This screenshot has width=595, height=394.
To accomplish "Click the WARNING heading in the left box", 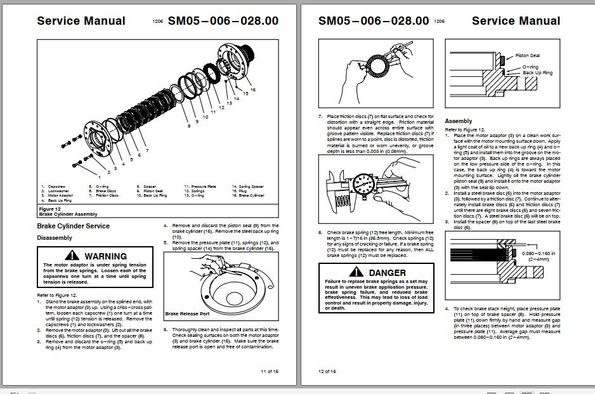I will point(105,256).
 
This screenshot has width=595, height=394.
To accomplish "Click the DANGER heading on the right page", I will point(386,273).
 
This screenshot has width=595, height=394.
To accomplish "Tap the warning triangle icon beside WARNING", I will point(73,255).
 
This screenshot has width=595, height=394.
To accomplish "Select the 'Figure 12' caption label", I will point(49,209).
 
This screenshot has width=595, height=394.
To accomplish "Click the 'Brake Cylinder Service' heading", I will point(73,226).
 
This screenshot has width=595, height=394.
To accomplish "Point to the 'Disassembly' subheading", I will point(55,238).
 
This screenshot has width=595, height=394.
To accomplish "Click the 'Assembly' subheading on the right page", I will point(458,121).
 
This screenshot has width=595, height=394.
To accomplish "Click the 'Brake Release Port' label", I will point(186,313).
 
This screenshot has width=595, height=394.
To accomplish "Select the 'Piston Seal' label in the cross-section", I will point(527,56).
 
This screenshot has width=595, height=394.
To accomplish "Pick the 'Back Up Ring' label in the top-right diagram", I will point(537,73).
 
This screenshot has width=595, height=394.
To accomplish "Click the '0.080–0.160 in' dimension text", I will point(539,254).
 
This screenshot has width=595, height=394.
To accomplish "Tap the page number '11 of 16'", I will point(270,371).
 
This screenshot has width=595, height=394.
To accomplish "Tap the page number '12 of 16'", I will point(327,371).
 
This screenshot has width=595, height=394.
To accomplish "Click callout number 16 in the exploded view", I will point(252,90).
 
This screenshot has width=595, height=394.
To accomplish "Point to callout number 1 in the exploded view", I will point(99,174).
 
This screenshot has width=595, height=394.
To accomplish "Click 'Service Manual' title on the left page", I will point(81,20).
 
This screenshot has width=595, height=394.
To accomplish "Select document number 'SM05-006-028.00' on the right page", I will point(374,20).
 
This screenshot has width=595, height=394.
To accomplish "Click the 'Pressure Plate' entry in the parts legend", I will point(204,187).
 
